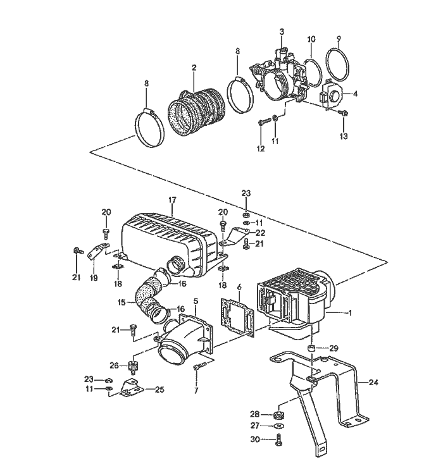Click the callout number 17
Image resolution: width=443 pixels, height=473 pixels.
[172, 200]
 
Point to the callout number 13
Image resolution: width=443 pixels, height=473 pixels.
[344, 136]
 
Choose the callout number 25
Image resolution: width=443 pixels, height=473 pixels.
[159, 390]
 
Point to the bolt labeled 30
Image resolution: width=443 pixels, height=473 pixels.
[278, 441]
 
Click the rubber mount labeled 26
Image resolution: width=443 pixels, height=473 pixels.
[133, 365]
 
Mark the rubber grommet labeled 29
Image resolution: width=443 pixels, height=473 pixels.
[311, 348]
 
